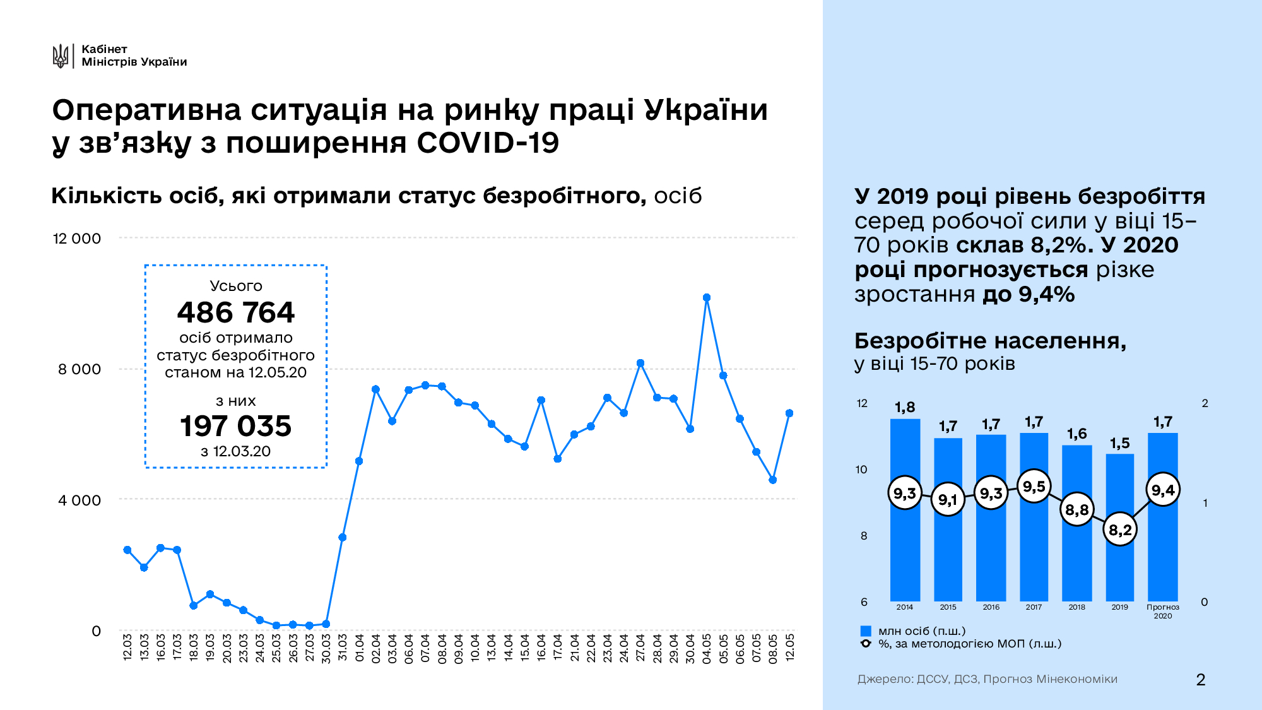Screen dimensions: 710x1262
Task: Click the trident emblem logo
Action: pos(61,56)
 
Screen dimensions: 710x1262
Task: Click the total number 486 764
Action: pos(235,312)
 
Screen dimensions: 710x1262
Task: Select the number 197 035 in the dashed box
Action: pos(235,426)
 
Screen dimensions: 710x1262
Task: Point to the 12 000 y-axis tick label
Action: pos(76,239)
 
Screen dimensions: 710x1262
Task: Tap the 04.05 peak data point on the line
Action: pos(707,297)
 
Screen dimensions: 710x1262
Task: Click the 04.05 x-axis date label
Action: pos(707,648)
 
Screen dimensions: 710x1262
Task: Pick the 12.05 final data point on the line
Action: pos(789,413)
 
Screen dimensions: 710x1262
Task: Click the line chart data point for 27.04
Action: pos(640,363)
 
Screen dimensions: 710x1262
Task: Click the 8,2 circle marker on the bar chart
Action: pos(1120,530)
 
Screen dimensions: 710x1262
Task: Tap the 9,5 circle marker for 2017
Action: pos(1034,487)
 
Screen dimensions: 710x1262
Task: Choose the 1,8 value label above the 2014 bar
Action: pos(905,407)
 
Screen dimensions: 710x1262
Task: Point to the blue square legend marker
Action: pos(866,631)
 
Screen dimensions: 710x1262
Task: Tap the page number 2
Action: pos(1200,680)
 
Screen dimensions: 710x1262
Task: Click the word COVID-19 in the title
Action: pos(488,143)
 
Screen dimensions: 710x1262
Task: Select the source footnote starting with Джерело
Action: pos(987,679)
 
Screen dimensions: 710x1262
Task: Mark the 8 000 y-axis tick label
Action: pos(79,369)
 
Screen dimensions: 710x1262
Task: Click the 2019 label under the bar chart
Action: pos(1119,607)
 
